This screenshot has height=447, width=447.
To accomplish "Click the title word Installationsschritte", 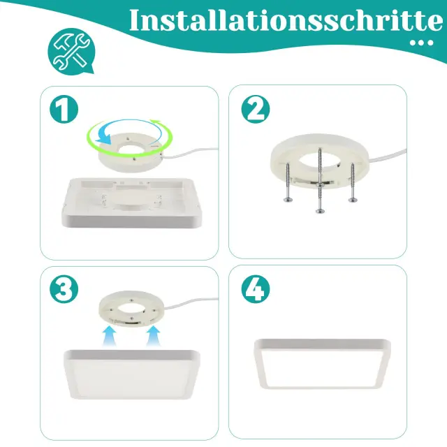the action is point(286,20).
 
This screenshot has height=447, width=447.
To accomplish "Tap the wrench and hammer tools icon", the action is point(71,51).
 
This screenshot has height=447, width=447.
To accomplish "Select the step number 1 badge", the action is point(64,109).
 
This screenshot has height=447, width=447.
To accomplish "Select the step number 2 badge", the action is point(256,109).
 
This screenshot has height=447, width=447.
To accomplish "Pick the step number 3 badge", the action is point(64,288).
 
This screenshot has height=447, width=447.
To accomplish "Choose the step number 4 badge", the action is point(256,288).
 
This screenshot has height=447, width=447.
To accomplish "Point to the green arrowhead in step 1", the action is point(156,123).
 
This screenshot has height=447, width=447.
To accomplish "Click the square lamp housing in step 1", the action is point(132,203).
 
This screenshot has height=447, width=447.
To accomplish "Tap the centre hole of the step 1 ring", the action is point(131,149).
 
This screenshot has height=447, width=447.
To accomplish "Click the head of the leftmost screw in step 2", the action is point(288,200).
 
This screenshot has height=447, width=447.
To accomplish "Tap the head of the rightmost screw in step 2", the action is point(353,200).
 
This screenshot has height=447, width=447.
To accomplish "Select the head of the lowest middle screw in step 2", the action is point(320,211).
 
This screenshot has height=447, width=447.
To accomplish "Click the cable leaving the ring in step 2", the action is point(388,156).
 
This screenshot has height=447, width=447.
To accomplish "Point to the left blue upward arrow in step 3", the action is point(110,336).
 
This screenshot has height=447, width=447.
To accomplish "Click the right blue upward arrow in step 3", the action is point(154,336).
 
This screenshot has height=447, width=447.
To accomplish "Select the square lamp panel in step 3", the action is point(132,374).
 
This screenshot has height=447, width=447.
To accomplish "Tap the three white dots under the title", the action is point(421,43).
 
